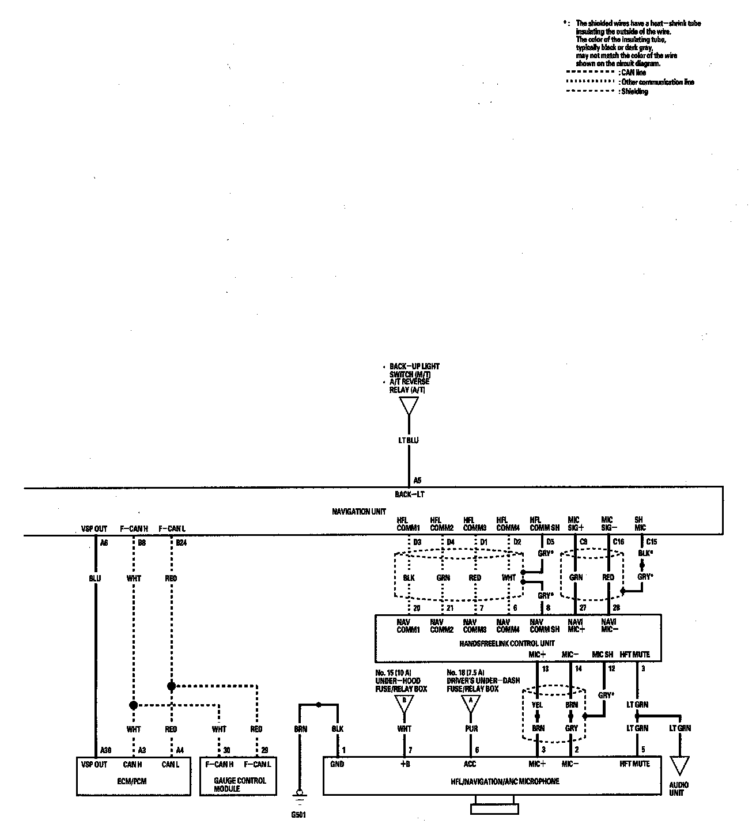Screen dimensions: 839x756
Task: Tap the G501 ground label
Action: click(298, 815)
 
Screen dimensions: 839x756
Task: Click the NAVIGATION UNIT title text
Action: click(359, 512)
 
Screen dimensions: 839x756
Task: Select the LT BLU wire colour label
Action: click(409, 441)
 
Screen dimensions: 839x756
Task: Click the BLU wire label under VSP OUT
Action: click(95, 578)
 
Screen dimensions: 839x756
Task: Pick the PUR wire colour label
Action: click(471, 729)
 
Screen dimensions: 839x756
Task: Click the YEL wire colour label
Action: click(537, 705)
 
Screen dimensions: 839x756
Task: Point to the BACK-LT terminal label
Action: click(410, 494)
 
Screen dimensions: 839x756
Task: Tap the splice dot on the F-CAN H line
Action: click(133, 705)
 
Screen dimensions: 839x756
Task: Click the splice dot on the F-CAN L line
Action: click(171, 686)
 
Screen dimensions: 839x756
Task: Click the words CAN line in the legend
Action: click(633, 73)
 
